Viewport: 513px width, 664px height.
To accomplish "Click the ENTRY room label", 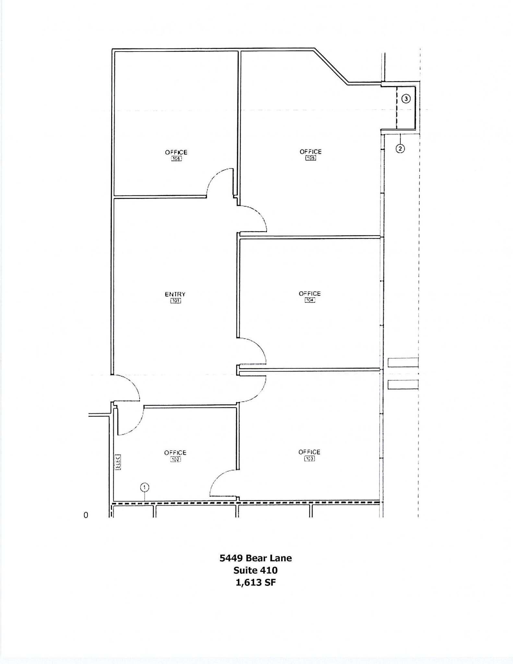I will pyautogui.click(x=175, y=294).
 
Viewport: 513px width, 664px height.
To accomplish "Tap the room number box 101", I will pyautogui.click(x=175, y=301).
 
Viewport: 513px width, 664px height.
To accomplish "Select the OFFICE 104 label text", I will pyautogui.click(x=310, y=293).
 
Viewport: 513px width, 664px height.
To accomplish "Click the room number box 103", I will pyautogui.click(x=309, y=459).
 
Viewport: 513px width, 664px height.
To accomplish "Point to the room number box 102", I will pyautogui.click(x=175, y=459).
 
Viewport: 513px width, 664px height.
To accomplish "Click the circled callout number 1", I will pyautogui.click(x=145, y=487).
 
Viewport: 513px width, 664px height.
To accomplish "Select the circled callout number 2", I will pyautogui.click(x=400, y=148).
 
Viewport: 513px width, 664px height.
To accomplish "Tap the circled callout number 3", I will pyautogui.click(x=406, y=99).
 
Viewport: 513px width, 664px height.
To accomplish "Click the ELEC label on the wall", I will pyautogui.click(x=117, y=462).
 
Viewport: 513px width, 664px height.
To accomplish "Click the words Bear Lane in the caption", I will pyautogui.click(x=268, y=558).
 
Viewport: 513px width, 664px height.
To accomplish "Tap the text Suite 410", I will pyautogui.click(x=256, y=570).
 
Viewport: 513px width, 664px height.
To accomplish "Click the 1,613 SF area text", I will pyautogui.click(x=256, y=582).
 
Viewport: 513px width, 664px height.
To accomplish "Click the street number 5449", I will pyautogui.click(x=231, y=558).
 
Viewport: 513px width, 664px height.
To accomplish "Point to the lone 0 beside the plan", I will pyautogui.click(x=86, y=515).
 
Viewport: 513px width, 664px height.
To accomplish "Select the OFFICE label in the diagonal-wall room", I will pyautogui.click(x=310, y=151).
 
